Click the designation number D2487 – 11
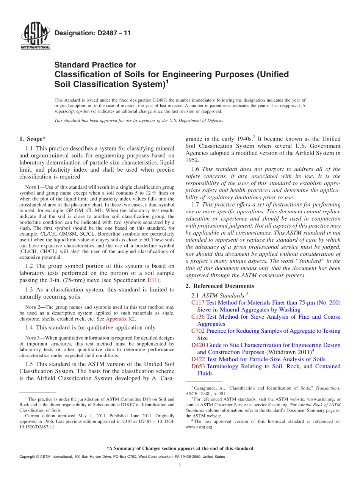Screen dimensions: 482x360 [x=92, y=33]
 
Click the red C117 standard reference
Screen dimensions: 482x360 [x=198, y=302]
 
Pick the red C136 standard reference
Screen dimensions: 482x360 [x=198, y=317]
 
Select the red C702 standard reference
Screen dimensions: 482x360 [x=198, y=331]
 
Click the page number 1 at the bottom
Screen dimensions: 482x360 [x=180, y=465]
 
